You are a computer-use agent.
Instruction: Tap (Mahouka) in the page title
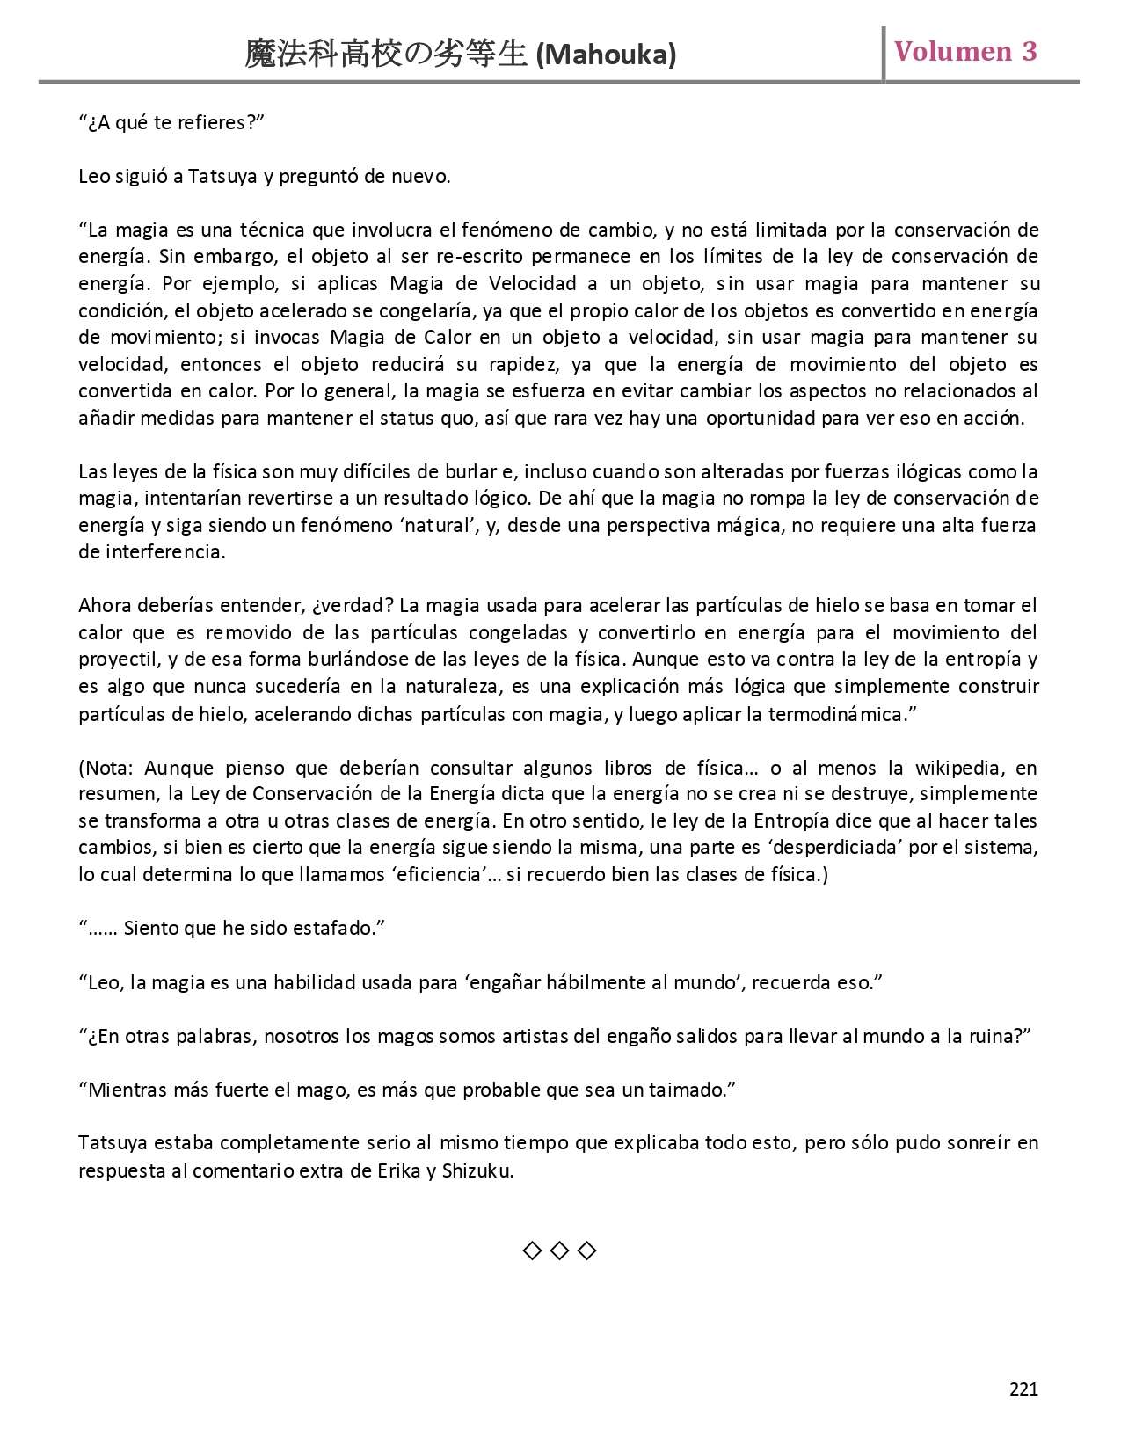pyautogui.click(x=606, y=55)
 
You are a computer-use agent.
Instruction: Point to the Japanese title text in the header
pyautogui.click(x=386, y=55)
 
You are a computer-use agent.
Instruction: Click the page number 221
pyautogui.click(x=1023, y=1389)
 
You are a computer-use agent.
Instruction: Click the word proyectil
pyautogui.click(x=117, y=660)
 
